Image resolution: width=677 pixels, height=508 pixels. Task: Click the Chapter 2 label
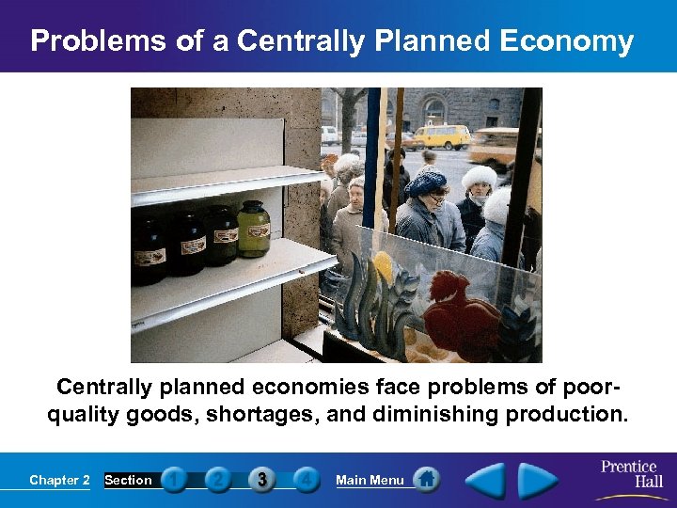59,480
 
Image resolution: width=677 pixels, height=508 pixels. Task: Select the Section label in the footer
128,480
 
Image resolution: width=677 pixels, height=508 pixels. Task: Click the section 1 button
174,480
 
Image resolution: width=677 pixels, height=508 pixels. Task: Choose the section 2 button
218,480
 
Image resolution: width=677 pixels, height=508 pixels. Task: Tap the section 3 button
261,480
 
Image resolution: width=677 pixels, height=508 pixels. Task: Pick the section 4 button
306,480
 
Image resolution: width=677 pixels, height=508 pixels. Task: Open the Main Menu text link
370,480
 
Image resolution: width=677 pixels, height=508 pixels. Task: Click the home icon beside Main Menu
427,480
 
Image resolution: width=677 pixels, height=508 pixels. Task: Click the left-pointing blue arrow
487,481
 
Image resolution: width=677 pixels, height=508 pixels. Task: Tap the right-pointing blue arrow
537,481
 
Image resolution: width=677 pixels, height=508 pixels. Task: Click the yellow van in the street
443,136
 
